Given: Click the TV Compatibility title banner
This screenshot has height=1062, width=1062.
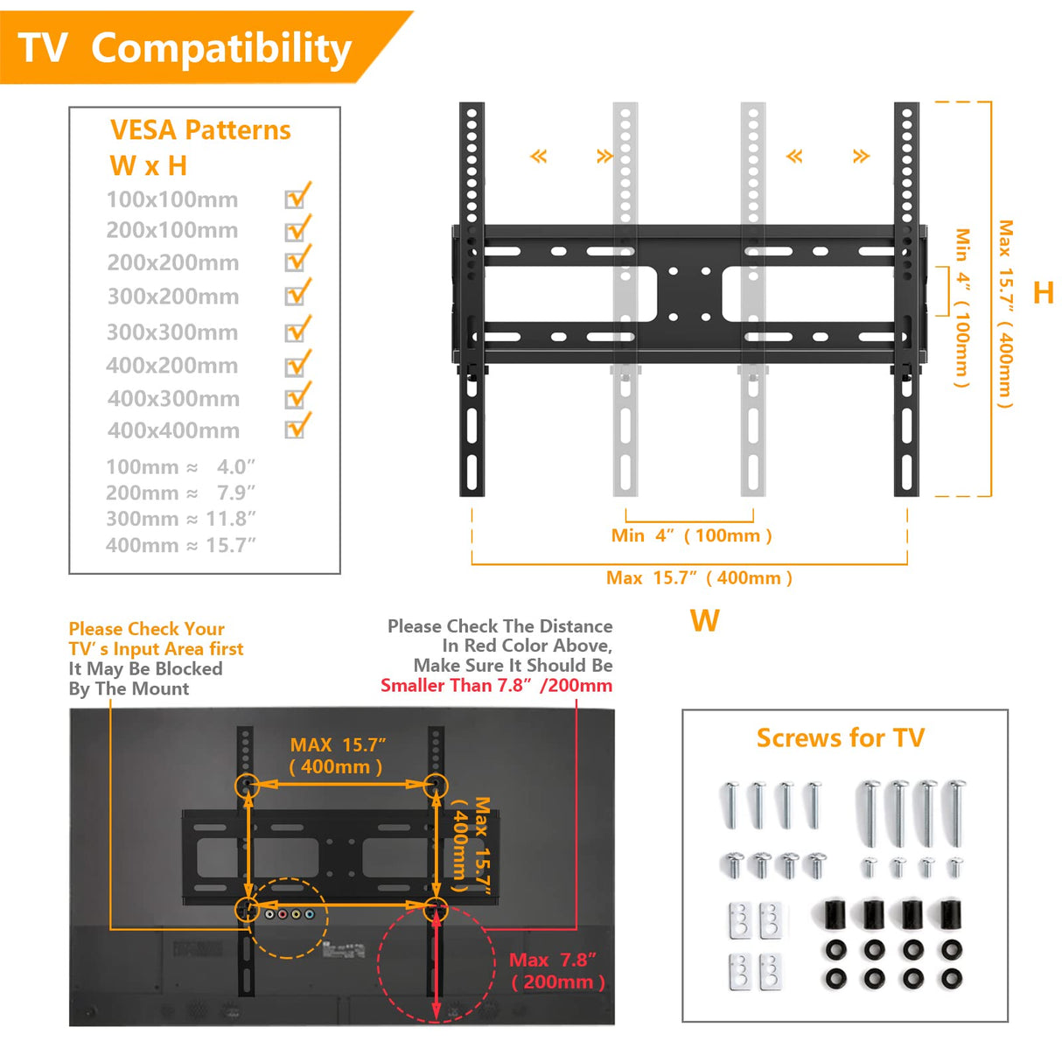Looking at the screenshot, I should (x=185, y=48).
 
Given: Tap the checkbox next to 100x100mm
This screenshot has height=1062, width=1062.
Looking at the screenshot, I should (x=295, y=199).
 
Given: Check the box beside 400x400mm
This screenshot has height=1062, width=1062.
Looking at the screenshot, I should (x=295, y=430).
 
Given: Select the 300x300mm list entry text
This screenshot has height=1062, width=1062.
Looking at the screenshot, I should (x=172, y=332).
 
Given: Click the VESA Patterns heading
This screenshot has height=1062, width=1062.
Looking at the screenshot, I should (x=200, y=130).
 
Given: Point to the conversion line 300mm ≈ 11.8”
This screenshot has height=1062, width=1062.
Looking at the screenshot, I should (x=180, y=519).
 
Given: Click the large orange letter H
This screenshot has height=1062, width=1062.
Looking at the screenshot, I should (x=1043, y=292).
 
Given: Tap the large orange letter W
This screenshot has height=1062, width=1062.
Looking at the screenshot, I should (x=704, y=621).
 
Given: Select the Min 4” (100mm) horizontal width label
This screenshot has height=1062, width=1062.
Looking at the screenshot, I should (x=691, y=535).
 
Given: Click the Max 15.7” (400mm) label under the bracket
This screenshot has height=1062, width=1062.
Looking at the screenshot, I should (x=699, y=577).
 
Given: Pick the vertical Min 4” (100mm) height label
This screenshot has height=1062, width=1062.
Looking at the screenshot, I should (x=962, y=307).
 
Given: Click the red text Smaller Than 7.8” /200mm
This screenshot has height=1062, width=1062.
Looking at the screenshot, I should (x=496, y=685).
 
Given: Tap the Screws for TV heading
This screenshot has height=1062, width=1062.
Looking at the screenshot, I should (x=840, y=737).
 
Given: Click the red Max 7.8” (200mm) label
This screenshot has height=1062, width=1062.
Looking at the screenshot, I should (x=557, y=971).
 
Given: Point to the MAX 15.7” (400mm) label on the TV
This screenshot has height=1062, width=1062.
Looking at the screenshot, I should (x=337, y=756).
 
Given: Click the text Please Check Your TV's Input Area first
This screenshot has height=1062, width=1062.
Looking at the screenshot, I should (x=156, y=639).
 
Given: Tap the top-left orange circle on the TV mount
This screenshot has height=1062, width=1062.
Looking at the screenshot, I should (x=248, y=785).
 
